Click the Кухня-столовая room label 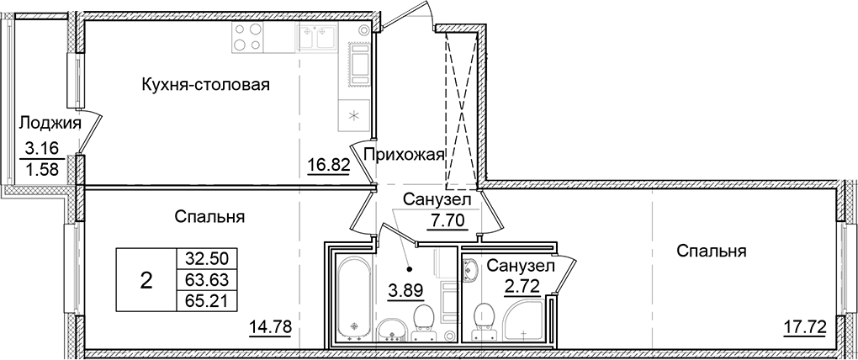(x=205, y=84)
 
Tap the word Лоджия (x=50, y=124)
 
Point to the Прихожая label (x=403, y=153)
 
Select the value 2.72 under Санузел (x=522, y=288)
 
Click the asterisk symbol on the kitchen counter (x=354, y=115)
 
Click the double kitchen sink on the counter (x=315, y=40)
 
